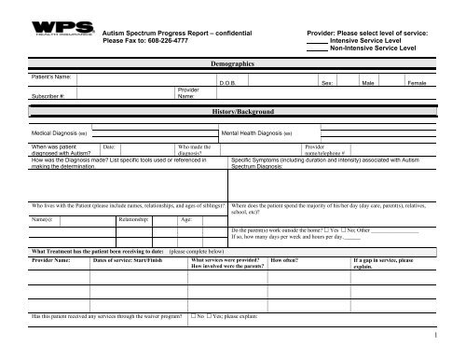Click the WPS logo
pos(53,22)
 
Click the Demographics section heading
pos(233,62)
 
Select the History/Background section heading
pos(233,111)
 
